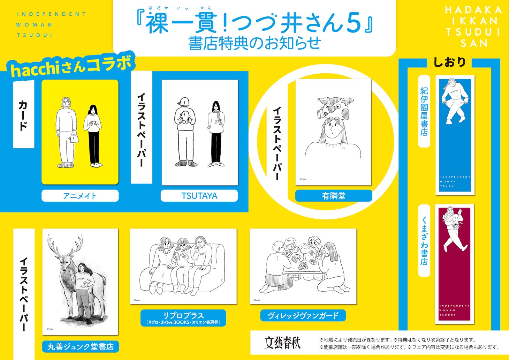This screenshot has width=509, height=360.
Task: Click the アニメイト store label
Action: click(x=80, y=196)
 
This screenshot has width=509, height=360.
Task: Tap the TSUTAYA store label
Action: click(x=199, y=196)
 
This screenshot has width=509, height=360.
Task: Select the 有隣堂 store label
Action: click(x=334, y=196)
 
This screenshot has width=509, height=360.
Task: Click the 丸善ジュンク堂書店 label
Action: click(x=81, y=346)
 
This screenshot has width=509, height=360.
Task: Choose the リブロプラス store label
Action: click(x=183, y=318)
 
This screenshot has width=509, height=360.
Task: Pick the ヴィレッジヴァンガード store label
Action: click(x=303, y=315)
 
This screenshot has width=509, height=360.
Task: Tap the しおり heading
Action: click(x=449, y=62)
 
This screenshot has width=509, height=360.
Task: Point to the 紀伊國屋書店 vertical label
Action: click(x=424, y=111)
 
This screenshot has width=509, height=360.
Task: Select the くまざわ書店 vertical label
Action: click(x=424, y=241)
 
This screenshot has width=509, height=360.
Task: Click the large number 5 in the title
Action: click(x=353, y=23)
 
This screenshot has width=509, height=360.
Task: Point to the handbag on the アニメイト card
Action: click(x=74, y=138)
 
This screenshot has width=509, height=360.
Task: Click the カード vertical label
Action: click(x=23, y=115)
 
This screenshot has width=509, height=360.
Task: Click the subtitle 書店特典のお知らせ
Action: click(x=254, y=43)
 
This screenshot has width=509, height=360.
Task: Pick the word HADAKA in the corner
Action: click(x=473, y=10)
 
